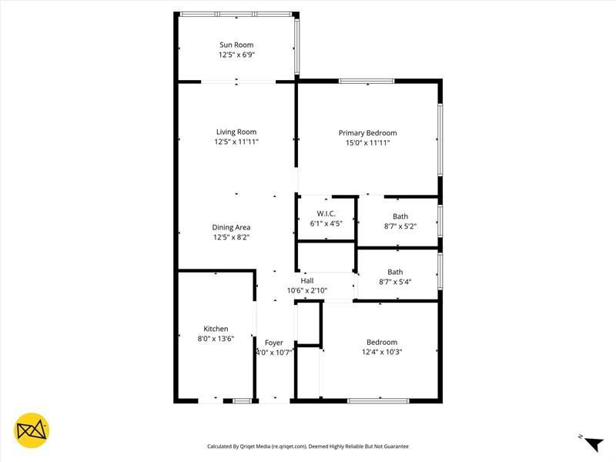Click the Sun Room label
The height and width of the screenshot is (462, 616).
click(236, 45)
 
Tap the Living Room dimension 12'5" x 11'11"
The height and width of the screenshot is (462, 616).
click(236, 142)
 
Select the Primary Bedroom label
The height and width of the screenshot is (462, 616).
click(367, 132)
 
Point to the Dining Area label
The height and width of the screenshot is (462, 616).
click(232, 227)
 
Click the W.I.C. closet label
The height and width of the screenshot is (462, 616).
click(326, 213)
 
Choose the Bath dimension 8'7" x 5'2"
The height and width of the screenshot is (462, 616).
click(400, 226)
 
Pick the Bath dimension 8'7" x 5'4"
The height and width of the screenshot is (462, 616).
click(396, 282)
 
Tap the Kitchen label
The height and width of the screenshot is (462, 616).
click(216, 329)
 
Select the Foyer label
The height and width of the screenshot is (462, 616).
click(274, 343)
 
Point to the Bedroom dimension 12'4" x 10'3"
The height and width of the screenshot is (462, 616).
click(382, 352)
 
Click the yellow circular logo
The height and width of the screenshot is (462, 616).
click(32, 431)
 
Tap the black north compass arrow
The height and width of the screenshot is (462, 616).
click(593, 444)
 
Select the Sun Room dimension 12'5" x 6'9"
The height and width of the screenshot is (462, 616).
click(236, 55)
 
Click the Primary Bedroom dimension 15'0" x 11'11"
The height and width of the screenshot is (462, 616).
click(367, 142)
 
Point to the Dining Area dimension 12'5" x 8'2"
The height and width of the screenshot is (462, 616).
click(232, 237)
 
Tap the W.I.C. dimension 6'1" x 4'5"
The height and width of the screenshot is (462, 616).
click(326, 223)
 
